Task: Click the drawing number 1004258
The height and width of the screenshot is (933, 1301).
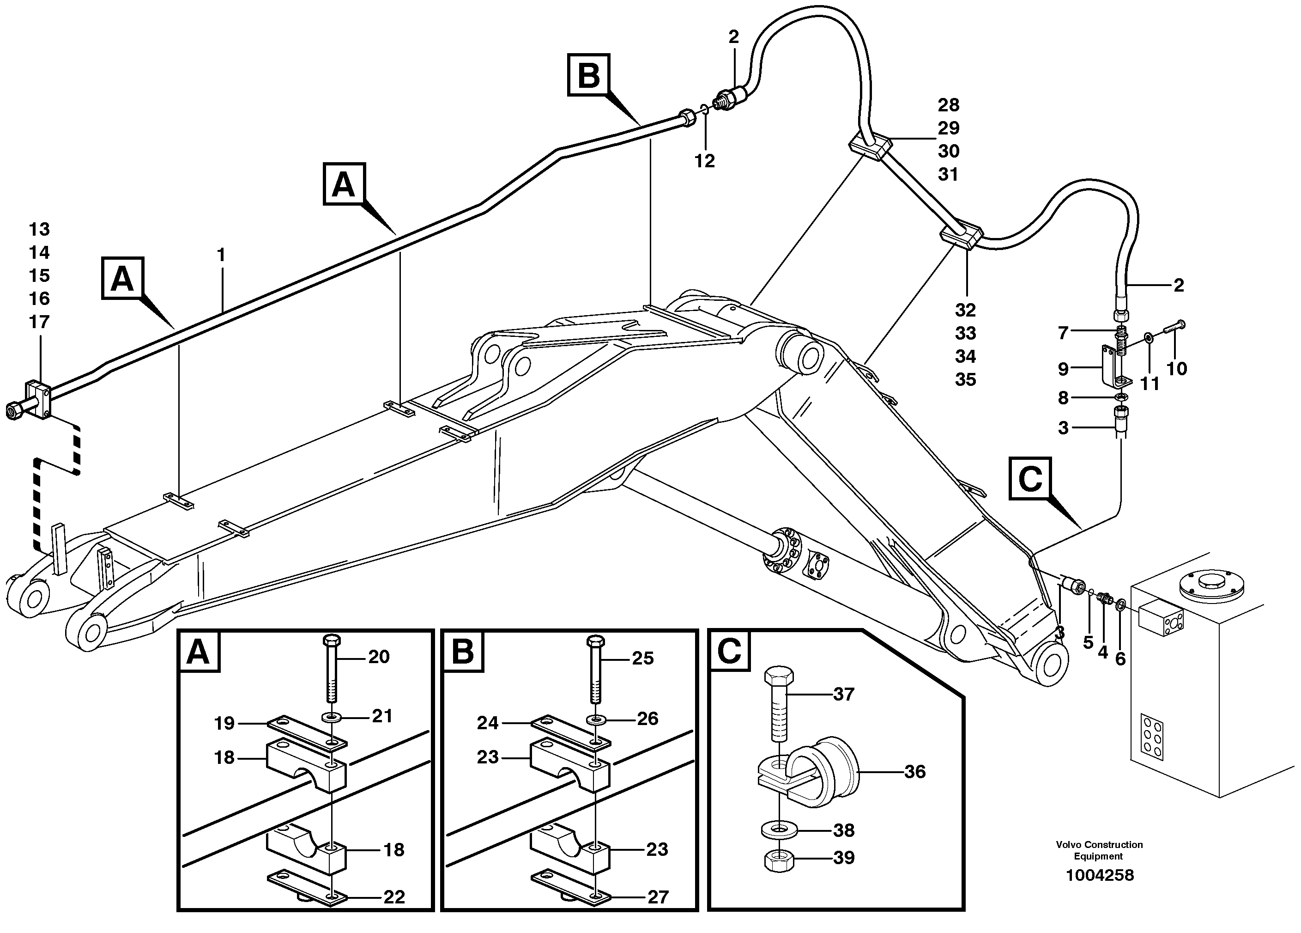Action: pyautogui.click(x=1099, y=875)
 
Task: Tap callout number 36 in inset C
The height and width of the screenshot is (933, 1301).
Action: pyautogui.click(x=915, y=772)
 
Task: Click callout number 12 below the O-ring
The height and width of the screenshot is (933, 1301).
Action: pyautogui.click(x=704, y=161)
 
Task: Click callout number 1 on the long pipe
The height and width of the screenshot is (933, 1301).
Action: pyautogui.click(x=221, y=255)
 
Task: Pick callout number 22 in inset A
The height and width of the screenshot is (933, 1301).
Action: pyautogui.click(x=394, y=897)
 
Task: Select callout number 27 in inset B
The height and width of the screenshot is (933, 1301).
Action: pyautogui.click(x=658, y=897)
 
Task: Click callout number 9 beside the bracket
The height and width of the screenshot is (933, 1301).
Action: pyautogui.click(x=1063, y=369)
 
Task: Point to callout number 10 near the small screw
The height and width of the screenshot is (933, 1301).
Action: pyautogui.click(x=1176, y=368)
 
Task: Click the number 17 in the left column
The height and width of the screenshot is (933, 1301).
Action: pyautogui.click(x=39, y=322)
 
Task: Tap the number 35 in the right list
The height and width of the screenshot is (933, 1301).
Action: pyautogui.click(x=965, y=379)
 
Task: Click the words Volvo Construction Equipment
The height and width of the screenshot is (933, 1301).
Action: pyautogui.click(x=1099, y=850)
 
